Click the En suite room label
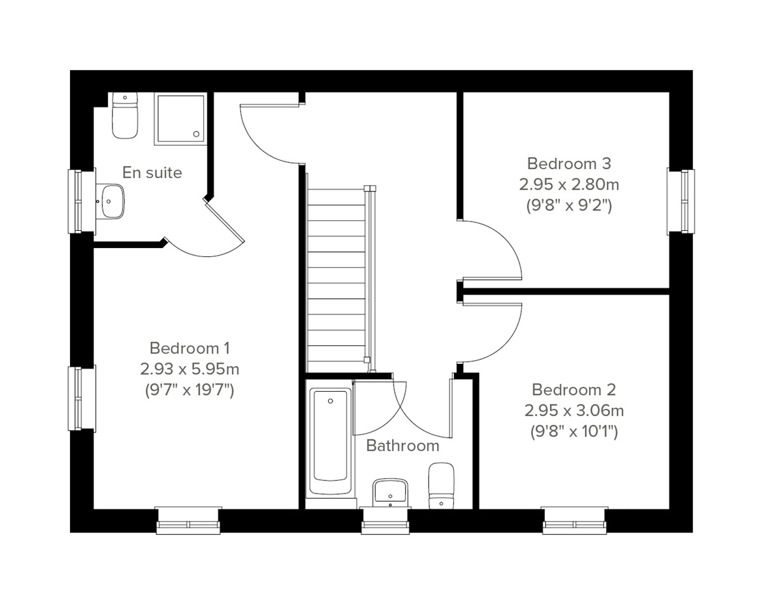[152, 172]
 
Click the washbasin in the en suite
[111, 201]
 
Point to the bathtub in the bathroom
[330, 441]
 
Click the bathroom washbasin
[389, 492]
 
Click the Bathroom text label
[402, 446]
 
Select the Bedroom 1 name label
[189, 348]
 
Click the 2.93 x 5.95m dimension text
[189, 369]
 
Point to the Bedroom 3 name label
[569, 163]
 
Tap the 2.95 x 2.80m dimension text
[569, 184]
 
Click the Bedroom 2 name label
[574, 389]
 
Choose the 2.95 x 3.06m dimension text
[574, 410]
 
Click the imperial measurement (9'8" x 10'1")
[574, 431]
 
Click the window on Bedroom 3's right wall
[681, 201]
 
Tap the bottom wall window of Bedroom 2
[574, 520]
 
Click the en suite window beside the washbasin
[81, 201]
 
